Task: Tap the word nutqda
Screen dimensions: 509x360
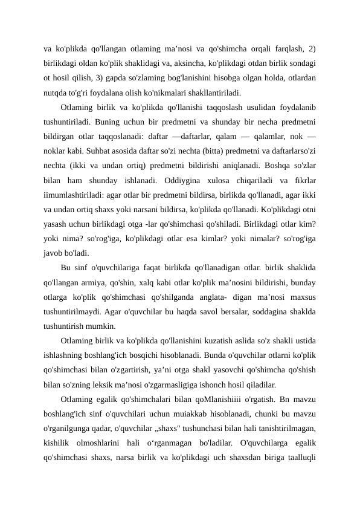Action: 56,94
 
